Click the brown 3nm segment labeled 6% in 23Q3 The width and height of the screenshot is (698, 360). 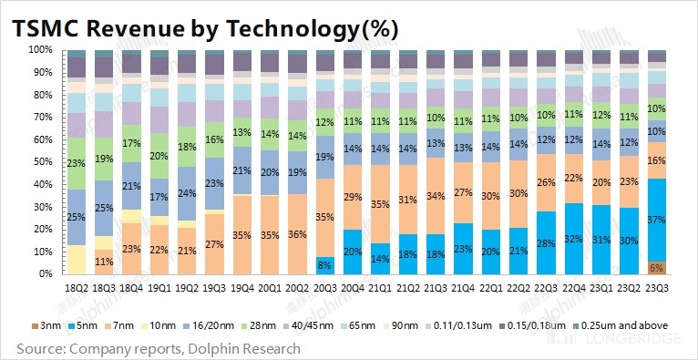click(654, 267)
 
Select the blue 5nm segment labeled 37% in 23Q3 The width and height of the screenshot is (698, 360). click(654, 220)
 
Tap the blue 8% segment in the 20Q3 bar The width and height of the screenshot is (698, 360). click(325, 264)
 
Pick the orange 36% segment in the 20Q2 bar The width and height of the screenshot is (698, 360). click(298, 233)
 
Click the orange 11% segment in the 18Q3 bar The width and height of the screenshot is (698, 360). click(105, 261)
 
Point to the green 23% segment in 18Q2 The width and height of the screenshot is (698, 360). click(77, 162)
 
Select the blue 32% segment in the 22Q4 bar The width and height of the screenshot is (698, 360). click(573, 238)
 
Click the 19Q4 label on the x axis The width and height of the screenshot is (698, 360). click(242, 287)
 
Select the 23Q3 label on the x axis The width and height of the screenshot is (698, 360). click(654, 287)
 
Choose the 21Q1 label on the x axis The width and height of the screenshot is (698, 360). click(380, 287)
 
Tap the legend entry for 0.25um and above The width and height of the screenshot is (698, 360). click(631, 325)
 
